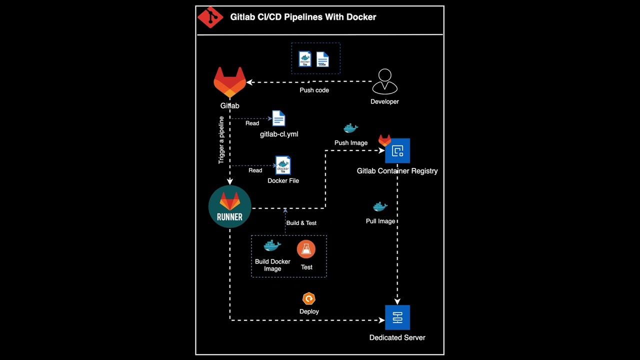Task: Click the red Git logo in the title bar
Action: (210, 17)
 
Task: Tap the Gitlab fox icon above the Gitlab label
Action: (229, 82)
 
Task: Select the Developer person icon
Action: (384, 81)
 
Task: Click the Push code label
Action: (314, 90)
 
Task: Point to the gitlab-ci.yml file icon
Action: (278, 118)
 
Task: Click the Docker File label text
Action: (283, 181)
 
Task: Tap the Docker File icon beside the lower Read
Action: (282, 165)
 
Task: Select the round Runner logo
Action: (229, 206)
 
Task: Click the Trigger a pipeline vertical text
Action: (221, 140)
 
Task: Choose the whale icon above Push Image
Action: (350, 128)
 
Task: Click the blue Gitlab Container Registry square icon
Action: (397, 151)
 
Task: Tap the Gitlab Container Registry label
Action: (397, 171)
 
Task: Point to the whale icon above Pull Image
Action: (380, 206)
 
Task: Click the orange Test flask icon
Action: (306, 249)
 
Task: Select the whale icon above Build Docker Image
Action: (272, 246)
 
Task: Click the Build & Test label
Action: (301, 223)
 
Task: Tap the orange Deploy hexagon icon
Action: (309, 299)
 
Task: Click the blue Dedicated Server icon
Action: (397, 317)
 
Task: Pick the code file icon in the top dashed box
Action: (322, 59)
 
